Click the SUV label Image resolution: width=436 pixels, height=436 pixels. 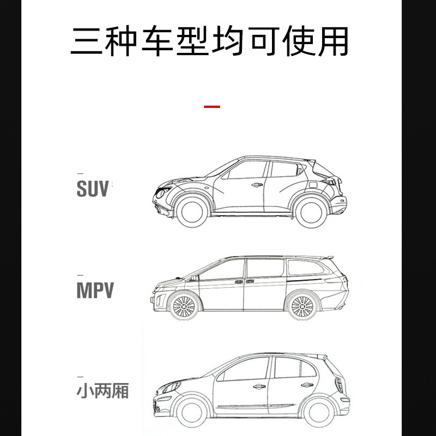93,189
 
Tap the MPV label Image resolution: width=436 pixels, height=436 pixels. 95,290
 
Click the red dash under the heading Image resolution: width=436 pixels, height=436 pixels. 211,106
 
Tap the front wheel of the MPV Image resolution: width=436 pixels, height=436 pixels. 183,307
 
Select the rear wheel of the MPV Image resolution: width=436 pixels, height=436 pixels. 301,306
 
